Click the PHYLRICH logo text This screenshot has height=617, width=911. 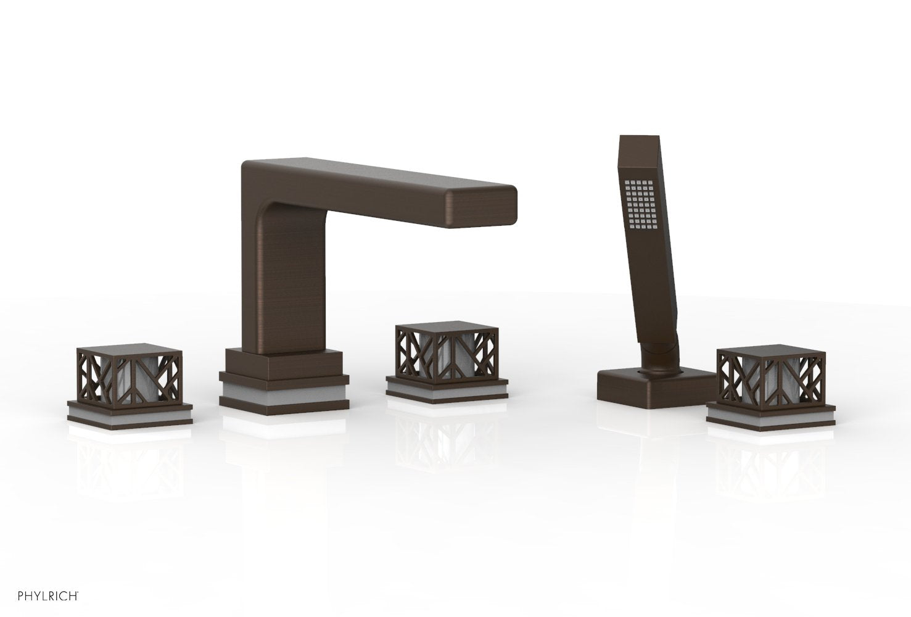click(48, 596)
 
